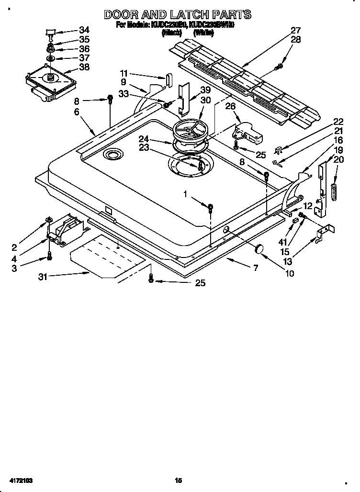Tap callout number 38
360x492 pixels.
tap(84, 67)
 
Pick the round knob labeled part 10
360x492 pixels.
tap(259, 248)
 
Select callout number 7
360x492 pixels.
tap(255, 268)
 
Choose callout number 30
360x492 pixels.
tap(205, 100)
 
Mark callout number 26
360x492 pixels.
tap(230, 106)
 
